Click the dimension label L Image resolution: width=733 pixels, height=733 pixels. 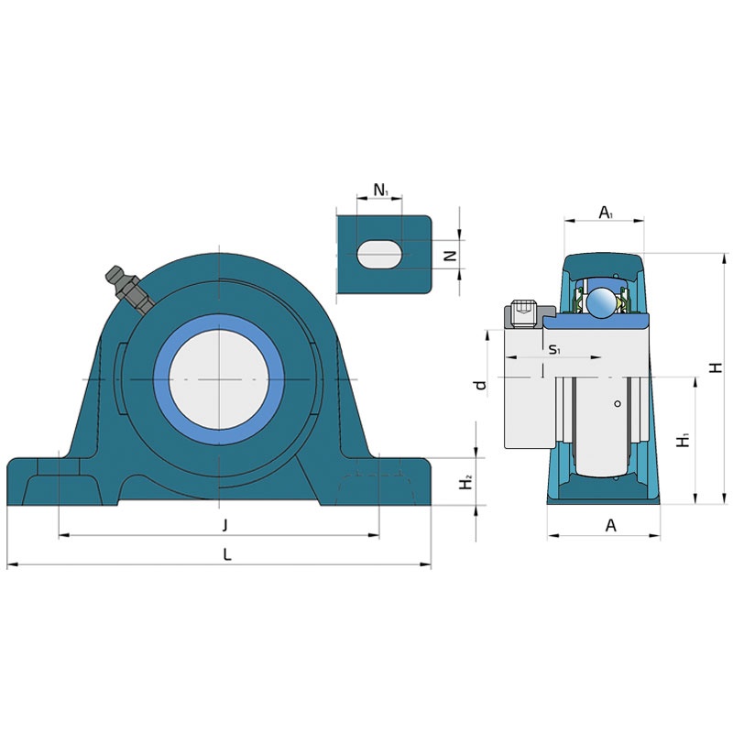[x=227, y=555]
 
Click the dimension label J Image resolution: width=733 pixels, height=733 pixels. [x=224, y=525]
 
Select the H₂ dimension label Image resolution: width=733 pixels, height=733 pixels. [x=465, y=483]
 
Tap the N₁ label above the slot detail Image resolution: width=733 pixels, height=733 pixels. [x=381, y=191]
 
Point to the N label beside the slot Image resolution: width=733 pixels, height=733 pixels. [x=450, y=256]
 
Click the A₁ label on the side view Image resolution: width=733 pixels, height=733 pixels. [x=606, y=213]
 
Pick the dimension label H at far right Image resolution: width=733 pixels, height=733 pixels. [x=716, y=368]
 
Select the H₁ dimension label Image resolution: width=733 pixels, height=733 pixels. [x=684, y=440]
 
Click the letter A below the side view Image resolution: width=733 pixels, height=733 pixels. [x=610, y=526]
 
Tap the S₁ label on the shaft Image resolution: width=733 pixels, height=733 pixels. [x=554, y=349]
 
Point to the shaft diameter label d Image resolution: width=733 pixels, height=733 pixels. [x=480, y=385]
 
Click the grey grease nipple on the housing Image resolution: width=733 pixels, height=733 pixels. [x=130, y=290]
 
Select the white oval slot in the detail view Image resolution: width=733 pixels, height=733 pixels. [x=379, y=255]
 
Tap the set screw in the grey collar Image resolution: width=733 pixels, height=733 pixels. [x=524, y=314]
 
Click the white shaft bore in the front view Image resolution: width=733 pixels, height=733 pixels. [x=219, y=379]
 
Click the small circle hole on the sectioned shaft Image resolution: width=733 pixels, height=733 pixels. [x=618, y=404]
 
